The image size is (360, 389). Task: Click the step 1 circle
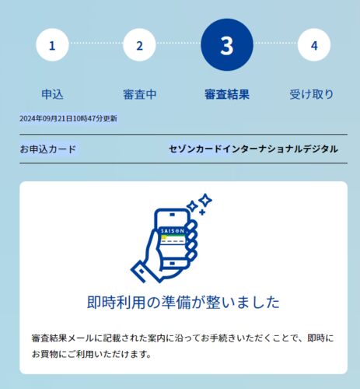(x=52, y=45)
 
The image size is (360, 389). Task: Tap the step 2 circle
(x=139, y=45)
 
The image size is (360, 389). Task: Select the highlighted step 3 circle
(x=227, y=45)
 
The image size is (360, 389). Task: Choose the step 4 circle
(x=314, y=45)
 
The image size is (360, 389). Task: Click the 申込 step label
(x=52, y=94)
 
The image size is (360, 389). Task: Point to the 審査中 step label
(x=140, y=94)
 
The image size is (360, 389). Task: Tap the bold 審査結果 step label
(x=227, y=94)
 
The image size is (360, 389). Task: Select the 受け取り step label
(x=311, y=94)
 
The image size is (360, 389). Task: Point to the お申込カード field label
(x=47, y=149)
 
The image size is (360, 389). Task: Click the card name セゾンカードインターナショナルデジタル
(x=253, y=149)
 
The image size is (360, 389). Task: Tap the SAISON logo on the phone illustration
(x=173, y=231)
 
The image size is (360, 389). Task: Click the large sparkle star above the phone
(x=205, y=200)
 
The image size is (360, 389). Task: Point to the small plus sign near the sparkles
(x=202, y=212)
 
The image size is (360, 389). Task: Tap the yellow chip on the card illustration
(x=164, y=237)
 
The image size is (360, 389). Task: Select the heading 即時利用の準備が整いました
(x=183, y=302)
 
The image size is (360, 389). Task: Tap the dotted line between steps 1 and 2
(x=96, y=43)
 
